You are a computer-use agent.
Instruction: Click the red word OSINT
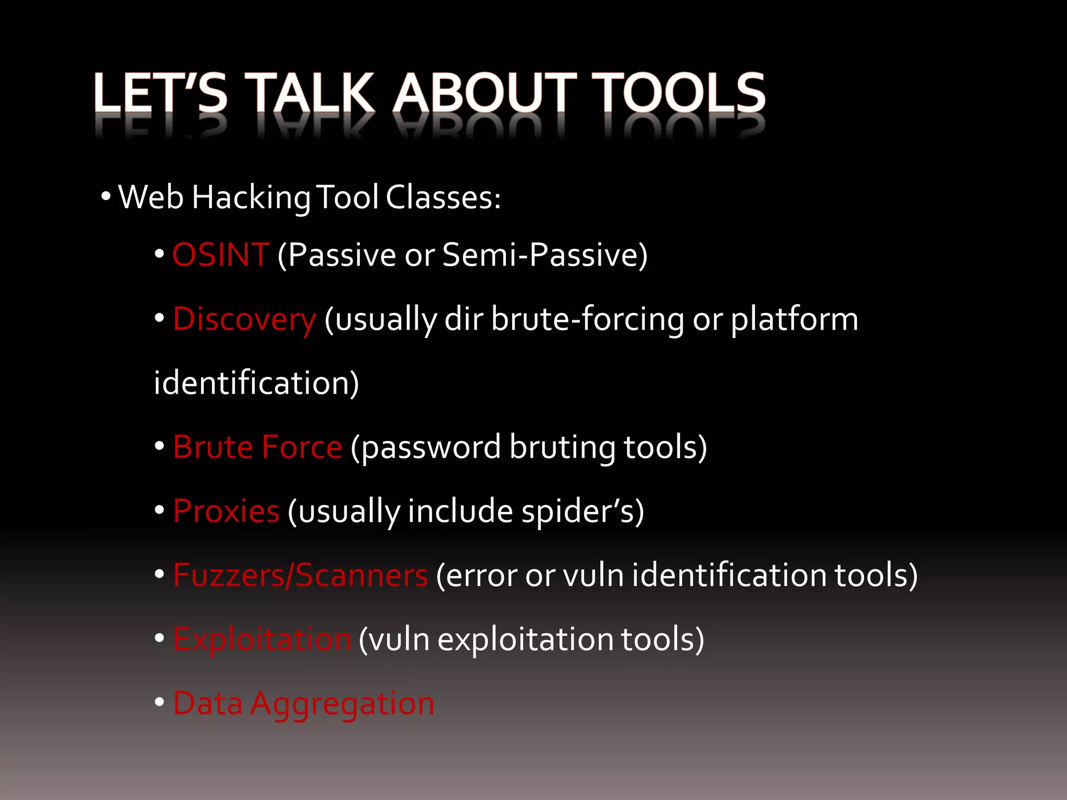[221, 255]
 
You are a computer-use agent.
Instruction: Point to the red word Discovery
[244, 319]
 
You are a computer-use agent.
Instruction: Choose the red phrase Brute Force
[257, 447]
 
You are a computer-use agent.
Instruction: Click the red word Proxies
[226, 511]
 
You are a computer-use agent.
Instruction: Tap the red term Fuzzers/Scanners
[300, 576]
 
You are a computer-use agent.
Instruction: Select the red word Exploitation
[262, 640]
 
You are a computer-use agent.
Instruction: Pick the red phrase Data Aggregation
[303, 704]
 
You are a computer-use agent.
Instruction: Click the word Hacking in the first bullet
[251, 198]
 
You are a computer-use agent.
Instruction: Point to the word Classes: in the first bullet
[443, 198]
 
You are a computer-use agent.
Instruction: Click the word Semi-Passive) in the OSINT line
[545, 255]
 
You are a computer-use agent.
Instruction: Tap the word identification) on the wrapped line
[256, 383]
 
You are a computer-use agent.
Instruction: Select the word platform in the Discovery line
[794, 319]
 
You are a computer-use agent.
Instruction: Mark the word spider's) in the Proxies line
[582, 511]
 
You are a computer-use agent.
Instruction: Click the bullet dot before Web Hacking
[106, 197]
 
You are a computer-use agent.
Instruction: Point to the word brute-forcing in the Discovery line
[587, 319]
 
